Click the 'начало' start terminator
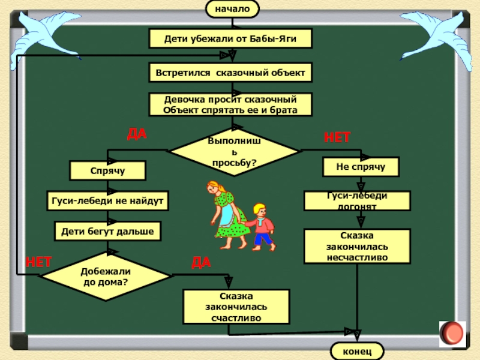click(232, 8)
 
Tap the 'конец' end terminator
click(358, 350)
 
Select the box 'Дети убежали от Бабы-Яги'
click(231, 39)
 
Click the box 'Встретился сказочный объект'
click(231, 73)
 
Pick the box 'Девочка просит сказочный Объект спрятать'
click(231, 104)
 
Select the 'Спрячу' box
click(107, 171)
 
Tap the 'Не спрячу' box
click(360, 167)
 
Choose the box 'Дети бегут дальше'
click(107, 230)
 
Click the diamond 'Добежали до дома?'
click(106, 276)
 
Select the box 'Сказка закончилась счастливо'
click(236, 307)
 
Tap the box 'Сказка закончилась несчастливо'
click(358, 247)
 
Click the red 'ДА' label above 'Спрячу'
click(136, 134)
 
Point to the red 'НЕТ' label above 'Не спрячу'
click(337, 138)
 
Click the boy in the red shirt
click(262, 226)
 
